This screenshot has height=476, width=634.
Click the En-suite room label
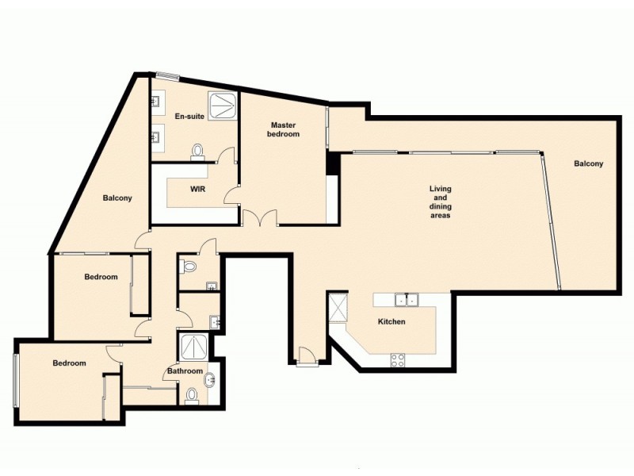(x=189, y=117)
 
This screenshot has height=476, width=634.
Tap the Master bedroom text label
(x=285, y=129)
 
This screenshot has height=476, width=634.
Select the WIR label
(x=198, y=190)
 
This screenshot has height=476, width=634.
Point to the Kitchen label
(x=391, y=321)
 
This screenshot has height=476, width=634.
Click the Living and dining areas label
(x=440, y=202)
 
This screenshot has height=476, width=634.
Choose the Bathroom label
(x=185, y=370)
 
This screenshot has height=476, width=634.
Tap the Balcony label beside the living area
(x=588, y=164)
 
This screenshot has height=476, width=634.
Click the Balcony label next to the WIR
(x=116, y=198)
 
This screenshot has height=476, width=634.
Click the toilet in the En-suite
(x=197, y=150)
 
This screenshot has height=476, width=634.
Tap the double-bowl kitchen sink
(x=407, y=299)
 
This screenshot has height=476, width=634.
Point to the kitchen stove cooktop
(x=398, y=360)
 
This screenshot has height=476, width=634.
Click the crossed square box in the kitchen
(x=338, y=306)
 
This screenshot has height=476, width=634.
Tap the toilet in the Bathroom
(x=190, y=395)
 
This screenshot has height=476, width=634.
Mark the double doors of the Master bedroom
(x=260, y=217)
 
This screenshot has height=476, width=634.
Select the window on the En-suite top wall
(x=167, y=76)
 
